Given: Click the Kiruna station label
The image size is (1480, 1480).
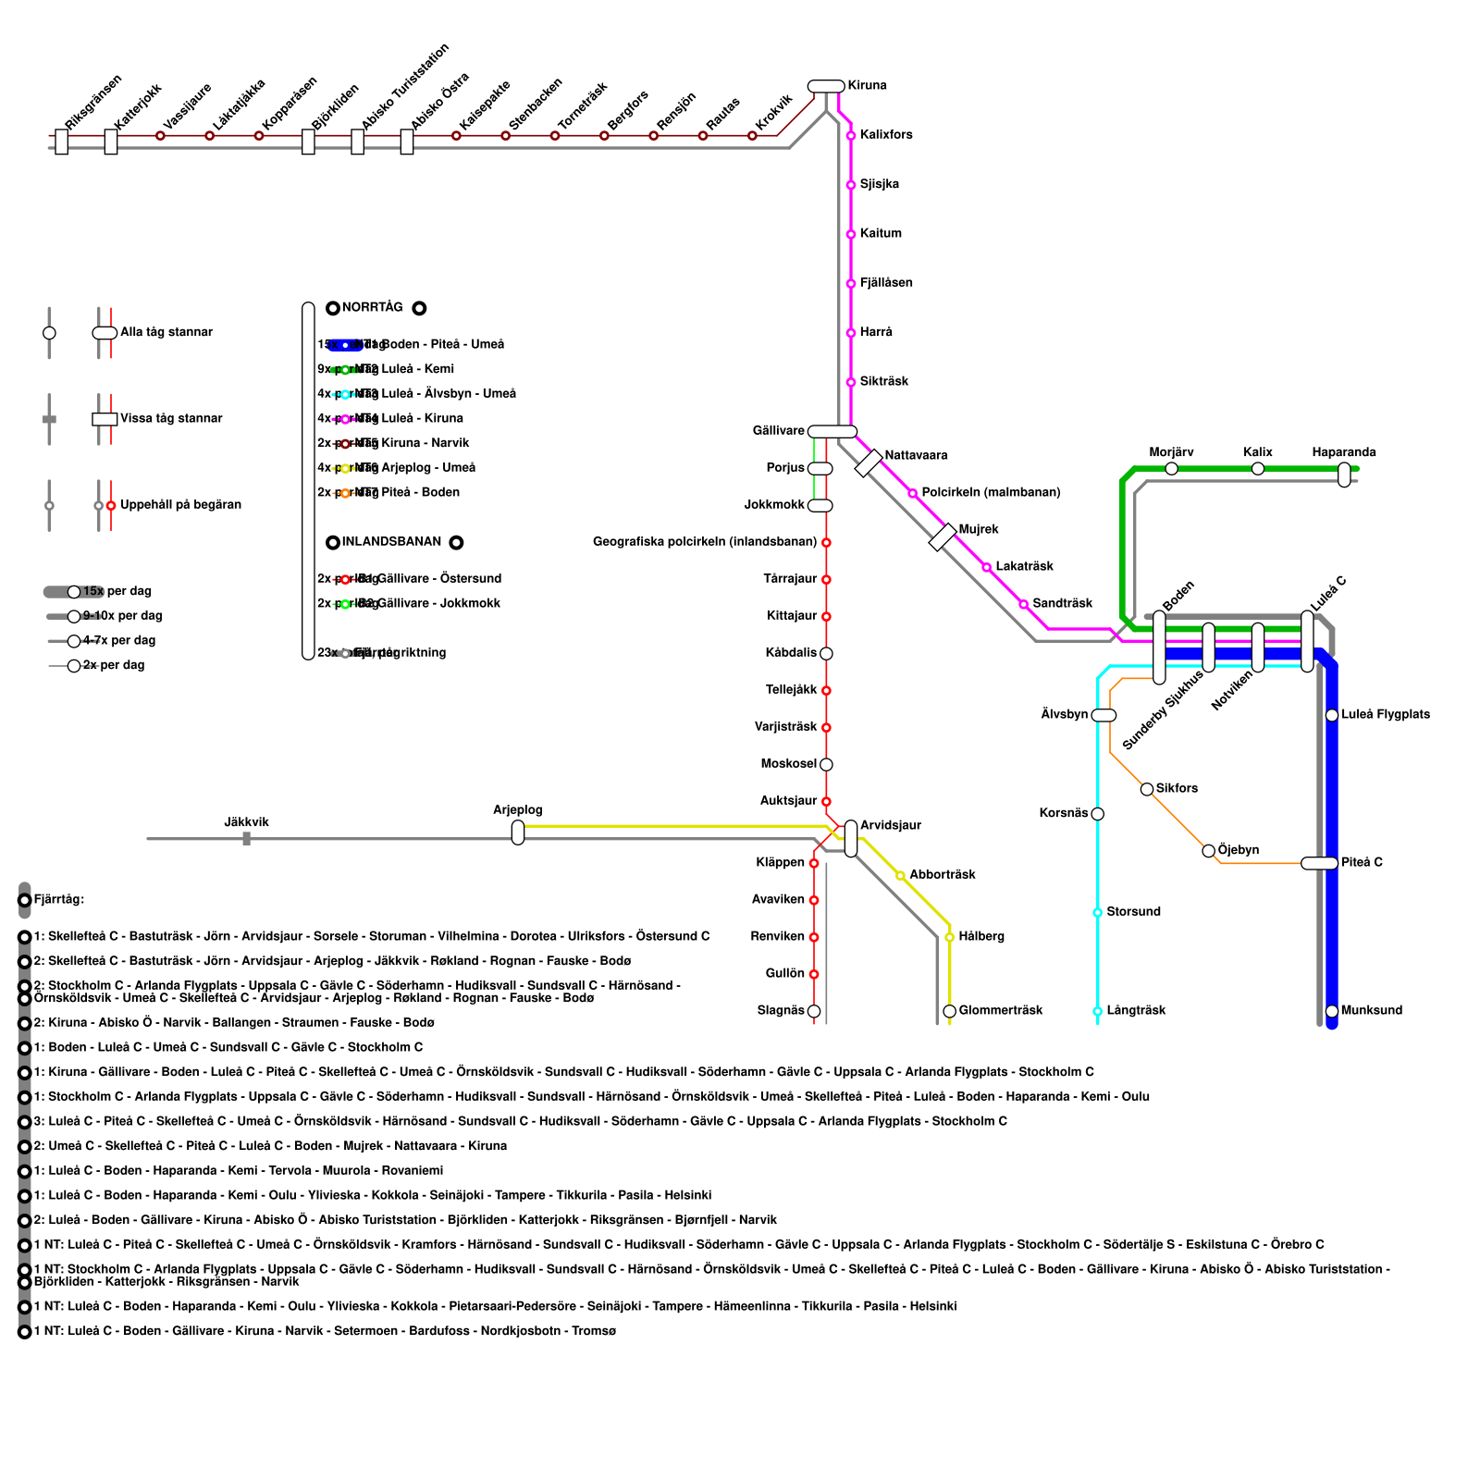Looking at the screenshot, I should [x=867, y=86].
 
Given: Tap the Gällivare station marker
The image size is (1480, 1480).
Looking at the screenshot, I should [x=832, y=431].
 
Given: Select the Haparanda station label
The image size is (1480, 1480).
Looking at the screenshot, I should [x=1343, y=452].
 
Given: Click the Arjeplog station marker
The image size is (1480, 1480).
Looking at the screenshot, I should [x=518, y=832].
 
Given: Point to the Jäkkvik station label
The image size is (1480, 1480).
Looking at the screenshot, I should [x=246, y=822].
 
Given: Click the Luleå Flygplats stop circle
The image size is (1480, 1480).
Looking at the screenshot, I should [x=1332, y=715].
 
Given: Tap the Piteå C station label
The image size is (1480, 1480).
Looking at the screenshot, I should [x=1362, y=862].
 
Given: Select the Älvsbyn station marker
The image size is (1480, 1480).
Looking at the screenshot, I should [x=1104, y=715].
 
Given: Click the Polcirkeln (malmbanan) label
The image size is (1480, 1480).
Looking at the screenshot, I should [x=990, y=492].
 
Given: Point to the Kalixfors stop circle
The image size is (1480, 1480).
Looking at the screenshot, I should [x=851, y=136].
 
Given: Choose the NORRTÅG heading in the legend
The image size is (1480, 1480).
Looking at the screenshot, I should [x=372, y=307].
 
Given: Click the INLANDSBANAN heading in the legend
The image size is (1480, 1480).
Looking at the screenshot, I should [x=391, y=541].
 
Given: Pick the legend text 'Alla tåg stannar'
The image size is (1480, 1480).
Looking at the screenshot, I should [x=166, y=332].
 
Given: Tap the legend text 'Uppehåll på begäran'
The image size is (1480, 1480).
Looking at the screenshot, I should [x=180, y=504].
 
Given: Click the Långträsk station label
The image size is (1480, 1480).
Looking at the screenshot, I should [x=1136, y=1010].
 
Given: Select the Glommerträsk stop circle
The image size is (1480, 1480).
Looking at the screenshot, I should [x=949, y=1011].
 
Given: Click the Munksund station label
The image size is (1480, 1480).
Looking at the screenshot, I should [x=1372, y=1010].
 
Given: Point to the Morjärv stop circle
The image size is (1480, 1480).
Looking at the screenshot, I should [x=1171, y=469].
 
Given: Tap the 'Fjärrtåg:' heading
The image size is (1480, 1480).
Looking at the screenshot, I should [x=59, y=899].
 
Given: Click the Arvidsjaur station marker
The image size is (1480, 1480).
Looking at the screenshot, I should [x=851, y=838].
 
